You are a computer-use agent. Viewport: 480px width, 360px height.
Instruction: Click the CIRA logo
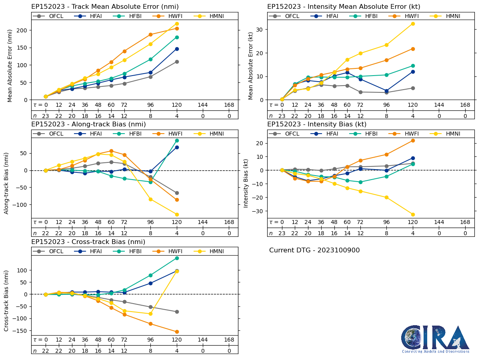coord(435,339)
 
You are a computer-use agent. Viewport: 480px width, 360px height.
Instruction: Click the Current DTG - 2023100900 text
coord(314,250)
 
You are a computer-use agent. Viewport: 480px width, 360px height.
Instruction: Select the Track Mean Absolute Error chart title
coord(105,6)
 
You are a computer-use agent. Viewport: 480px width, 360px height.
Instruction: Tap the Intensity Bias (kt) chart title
coord(317,124)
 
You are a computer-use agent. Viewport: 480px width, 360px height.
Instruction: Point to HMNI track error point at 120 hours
coord(177,24)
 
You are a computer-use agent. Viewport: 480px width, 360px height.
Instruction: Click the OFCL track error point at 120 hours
coord(177,62)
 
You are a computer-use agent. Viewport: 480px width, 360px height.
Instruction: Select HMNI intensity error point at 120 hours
coord(413,24)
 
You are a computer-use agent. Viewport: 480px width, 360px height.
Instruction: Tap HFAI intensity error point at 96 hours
coord(386,91)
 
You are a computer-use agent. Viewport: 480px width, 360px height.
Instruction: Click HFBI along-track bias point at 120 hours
coord(177,140)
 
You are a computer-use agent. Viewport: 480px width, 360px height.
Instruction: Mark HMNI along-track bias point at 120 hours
coord(177,214)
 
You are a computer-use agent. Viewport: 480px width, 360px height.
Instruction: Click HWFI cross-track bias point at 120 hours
coord(177,332)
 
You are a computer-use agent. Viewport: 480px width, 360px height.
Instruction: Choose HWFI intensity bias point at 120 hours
coord(413,140)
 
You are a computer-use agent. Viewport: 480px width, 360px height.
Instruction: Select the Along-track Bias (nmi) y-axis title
coord(7,183)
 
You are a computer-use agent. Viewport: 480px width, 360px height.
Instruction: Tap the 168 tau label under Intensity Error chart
coord(465,105)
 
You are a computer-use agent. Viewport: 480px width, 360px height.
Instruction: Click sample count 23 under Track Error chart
coord(46,116)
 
